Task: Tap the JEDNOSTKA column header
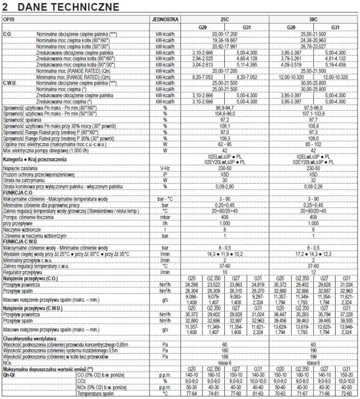point(165,19)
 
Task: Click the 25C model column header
point(224,19)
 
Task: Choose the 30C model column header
point(313,19)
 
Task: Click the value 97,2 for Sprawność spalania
point(224,120)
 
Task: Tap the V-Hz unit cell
point(165,169)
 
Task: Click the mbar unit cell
point(165,217)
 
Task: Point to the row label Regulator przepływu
point(22,272)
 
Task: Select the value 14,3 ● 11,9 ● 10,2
point(224,254)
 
